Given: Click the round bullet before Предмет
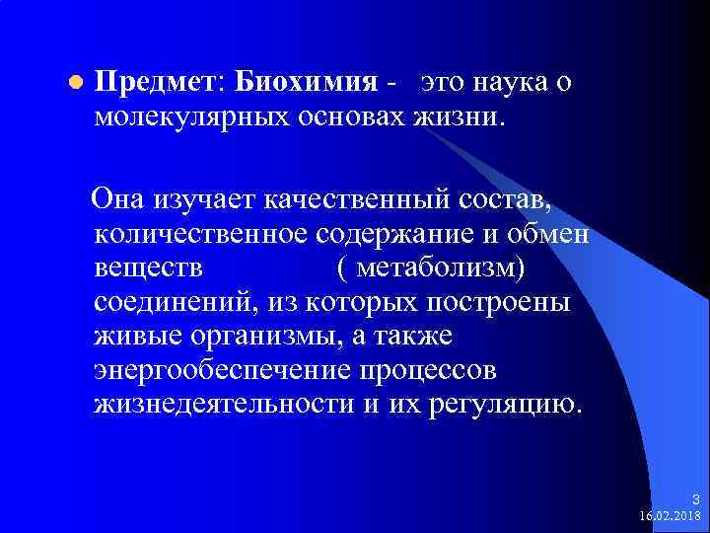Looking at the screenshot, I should (x=75, y=86).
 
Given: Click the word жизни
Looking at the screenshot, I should (x=460, y=118).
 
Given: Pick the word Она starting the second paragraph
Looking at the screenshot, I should (x=117, y=201).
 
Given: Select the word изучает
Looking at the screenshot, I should (x=204, y=201).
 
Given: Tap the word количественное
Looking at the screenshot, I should (x=201, y=235).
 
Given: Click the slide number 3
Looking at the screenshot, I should (x=694, y=498).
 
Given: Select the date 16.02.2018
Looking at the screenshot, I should (x=670, y=515).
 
